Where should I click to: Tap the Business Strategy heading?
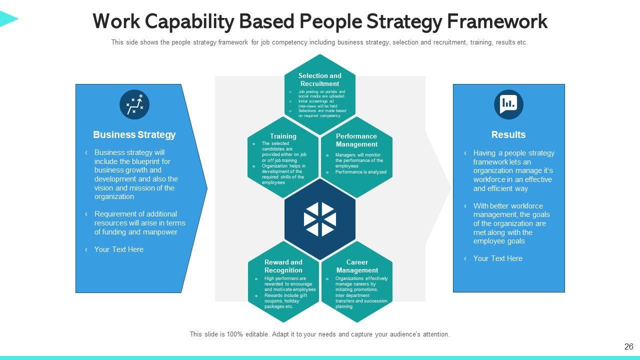134,134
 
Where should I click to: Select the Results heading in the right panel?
508,134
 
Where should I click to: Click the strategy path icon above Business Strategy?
134,105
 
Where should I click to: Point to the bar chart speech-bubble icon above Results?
508,104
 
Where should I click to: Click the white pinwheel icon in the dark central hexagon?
320,219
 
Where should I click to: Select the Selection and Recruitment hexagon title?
320,79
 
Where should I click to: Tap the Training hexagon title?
283,136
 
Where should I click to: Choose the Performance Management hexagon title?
356,140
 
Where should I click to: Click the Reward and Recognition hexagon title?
283,266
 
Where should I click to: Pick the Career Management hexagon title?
357,266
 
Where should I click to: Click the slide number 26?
628,346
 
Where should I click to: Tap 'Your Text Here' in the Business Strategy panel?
118,249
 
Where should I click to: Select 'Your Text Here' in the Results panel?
497,258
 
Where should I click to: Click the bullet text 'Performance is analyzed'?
360,172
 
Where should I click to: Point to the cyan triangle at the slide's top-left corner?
7,19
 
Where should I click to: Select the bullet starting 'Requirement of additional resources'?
139,223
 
